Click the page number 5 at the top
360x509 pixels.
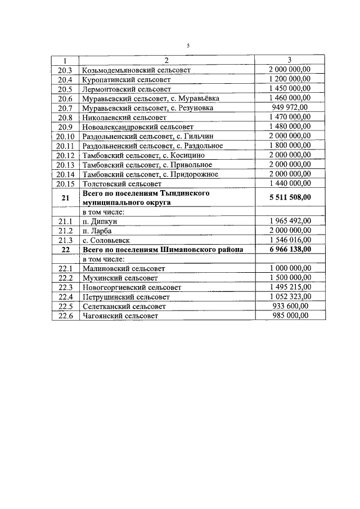coord(188,46)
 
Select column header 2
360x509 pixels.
coord(166,60)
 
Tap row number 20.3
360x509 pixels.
coord(65,70)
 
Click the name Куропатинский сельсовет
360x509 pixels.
coord(126,80)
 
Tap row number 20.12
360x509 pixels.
coord(65,155)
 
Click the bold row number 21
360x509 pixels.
coord(65,197)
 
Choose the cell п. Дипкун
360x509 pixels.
coord(100,222)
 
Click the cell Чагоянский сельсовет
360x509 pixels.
coord(120,316)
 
